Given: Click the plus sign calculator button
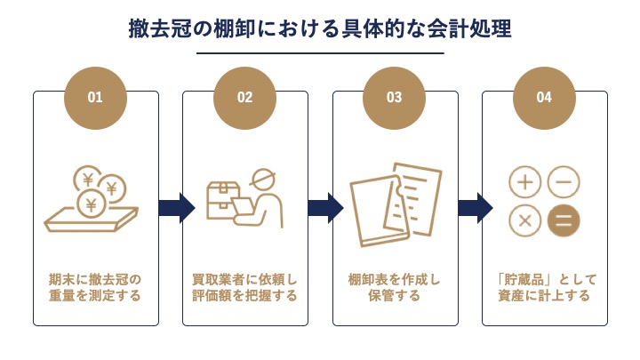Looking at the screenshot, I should (525, 183).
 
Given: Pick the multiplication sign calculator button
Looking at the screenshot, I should (525, 220).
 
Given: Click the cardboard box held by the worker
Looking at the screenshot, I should (223, 196).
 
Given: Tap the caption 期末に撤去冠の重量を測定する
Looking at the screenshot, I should (95, 287).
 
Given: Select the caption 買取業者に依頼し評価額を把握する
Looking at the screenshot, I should (244, 287).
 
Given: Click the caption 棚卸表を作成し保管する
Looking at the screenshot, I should (394, 287).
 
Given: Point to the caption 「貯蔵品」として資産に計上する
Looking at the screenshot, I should (544, 287).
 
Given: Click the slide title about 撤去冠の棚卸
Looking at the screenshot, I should (320, 28).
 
